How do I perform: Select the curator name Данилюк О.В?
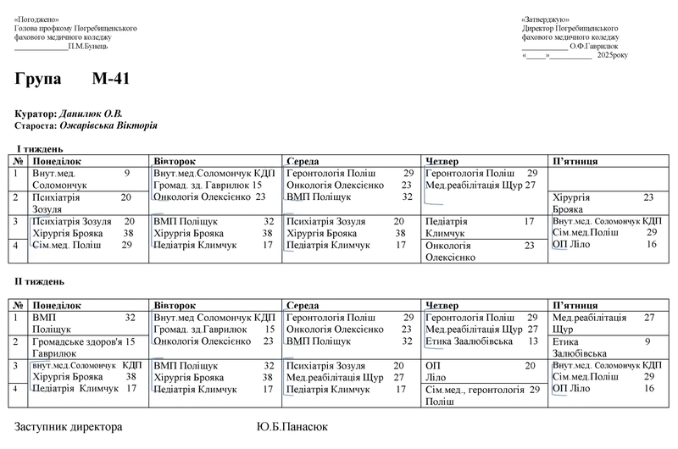[x=91, y=114]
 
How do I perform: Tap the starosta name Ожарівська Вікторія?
[x=108, y=125]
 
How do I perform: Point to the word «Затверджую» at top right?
[x=546, y=19]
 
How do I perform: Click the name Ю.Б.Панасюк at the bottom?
[x=292, y=428]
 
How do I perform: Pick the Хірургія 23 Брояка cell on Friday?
[x=603, y=202]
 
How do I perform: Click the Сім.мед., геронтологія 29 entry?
[x=481, y=395]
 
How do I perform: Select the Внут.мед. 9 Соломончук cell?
[x=81, y=178]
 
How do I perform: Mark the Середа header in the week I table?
[x=303, y=160]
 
